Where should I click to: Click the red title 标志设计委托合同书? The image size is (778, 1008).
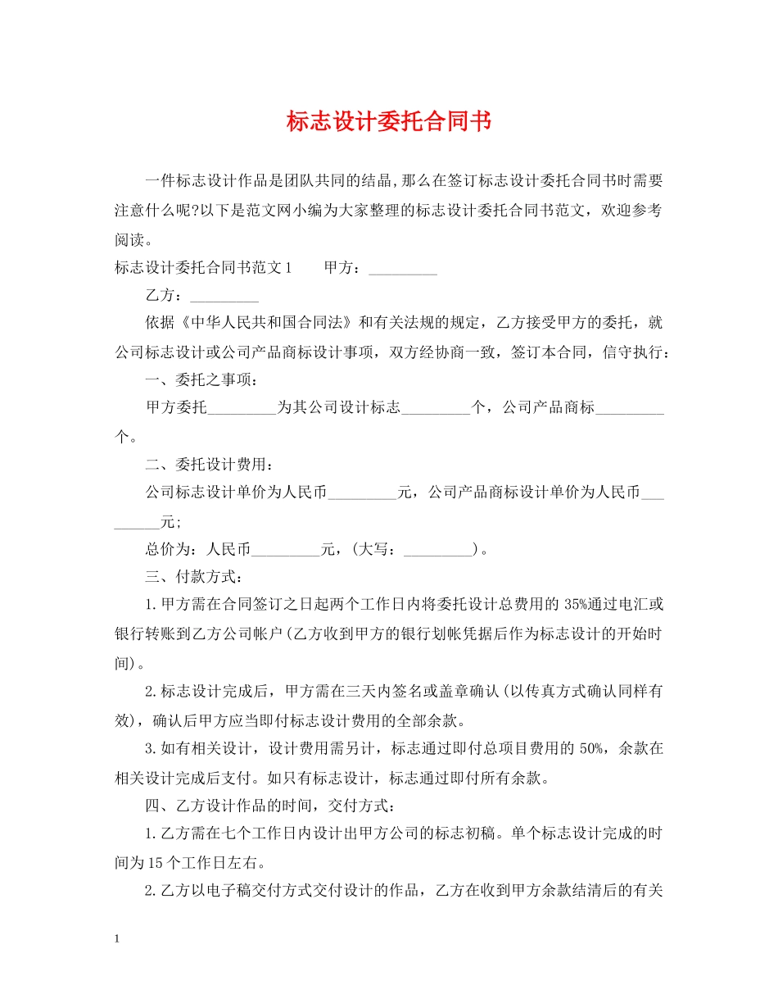pos(389,122)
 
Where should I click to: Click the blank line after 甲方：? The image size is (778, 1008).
pos(403,269)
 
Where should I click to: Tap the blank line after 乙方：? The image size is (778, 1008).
pos(224,297)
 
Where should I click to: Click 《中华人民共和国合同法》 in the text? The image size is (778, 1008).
pos(266,324)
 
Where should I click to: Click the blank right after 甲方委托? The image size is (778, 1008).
pos(242,408)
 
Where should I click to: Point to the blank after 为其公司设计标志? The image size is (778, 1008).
pos(436,408)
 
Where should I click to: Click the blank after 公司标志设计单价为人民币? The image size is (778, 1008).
pos(361,493)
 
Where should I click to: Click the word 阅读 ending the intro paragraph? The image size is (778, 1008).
pos(129,240)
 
